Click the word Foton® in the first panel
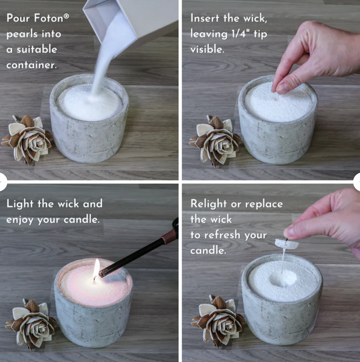tap(51, 19)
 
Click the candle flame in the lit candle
tap(95, 268)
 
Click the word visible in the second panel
tap(208, 49)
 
